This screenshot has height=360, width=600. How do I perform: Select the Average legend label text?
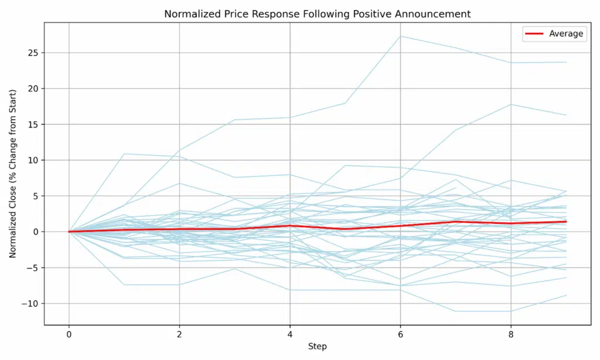point(566,33)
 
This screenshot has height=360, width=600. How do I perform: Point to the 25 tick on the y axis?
point(33,53)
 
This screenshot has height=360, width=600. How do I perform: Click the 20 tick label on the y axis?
point(33,89)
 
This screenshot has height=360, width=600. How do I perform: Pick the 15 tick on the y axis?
point(33,124)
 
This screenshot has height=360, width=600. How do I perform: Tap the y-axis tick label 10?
point(33,160)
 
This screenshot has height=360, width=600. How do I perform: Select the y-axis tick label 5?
point(36,196)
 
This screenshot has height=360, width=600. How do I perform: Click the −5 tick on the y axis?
point(33,267)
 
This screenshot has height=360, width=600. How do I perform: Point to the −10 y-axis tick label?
point(31,303)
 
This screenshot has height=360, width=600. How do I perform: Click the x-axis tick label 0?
point(69,334)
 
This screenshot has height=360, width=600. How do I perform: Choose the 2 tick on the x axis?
point(179,334)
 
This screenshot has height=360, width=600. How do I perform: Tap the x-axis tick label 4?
point(290,334)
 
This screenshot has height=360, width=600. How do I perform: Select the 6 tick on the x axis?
point(400,334)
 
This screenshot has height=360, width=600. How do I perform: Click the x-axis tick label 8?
point(511,334)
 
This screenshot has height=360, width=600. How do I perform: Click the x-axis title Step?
point(317,347)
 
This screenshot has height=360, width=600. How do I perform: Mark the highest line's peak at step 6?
point(400,36)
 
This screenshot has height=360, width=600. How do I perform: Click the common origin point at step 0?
point(69,232)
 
